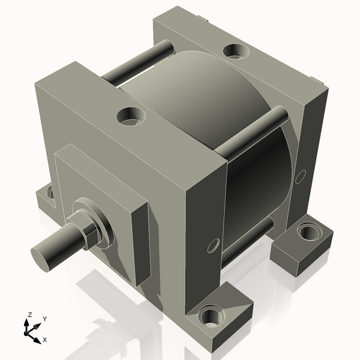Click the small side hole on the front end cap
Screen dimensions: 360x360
click(212, 245)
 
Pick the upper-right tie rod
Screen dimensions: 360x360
click(252, 130)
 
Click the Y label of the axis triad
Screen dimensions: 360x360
click(45, 319)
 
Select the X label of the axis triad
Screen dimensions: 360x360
click(44, 340)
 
